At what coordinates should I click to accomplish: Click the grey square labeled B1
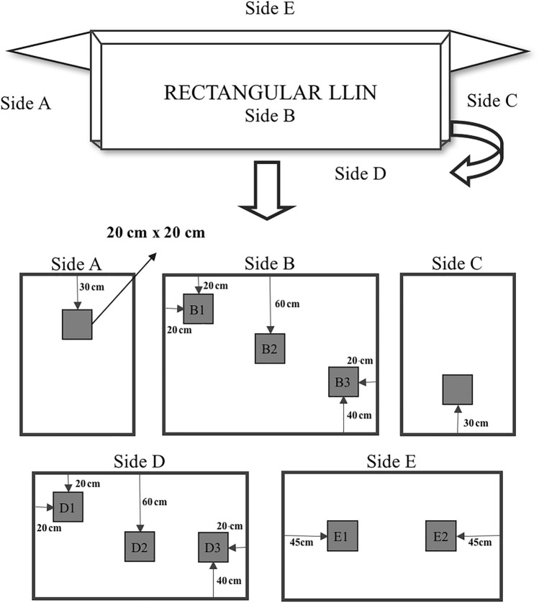[x=198, y=309]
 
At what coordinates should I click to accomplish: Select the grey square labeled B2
[x=271, y=349]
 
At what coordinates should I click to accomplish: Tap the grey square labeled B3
[x=343, y=382]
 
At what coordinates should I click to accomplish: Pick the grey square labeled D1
[x=68, y=507]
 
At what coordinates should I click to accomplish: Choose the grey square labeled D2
[x=140, y=548]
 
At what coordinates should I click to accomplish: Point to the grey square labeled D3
[x=213, y=548]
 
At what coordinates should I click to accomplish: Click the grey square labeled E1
[x=342, y=536]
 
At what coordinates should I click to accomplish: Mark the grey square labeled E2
[x=440, y=536]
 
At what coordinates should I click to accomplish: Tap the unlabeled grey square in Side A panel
[x=77, y=325]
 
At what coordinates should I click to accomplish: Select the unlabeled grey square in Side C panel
[x=457, y=390]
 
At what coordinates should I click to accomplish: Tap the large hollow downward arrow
[x=268, y=190]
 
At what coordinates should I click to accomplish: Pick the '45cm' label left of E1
[x=301, y=542]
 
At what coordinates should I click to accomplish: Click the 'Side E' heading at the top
[x=269, y=9]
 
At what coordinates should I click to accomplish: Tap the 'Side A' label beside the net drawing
[x=26, y=105]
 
